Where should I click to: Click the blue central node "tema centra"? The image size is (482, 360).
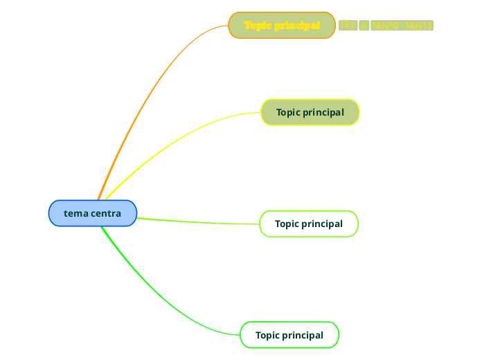point(93,213)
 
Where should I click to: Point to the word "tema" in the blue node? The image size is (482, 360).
point(76,213)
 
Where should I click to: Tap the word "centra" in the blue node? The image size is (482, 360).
point(105,213)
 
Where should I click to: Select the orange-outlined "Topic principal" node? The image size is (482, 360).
point(282,26)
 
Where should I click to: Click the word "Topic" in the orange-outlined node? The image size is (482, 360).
point(258,26)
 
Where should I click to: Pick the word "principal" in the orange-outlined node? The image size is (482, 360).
point(297,26)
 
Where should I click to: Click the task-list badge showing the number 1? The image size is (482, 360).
point(348,26)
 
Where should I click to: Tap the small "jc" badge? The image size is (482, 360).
point(364,26)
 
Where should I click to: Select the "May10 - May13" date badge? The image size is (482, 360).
point(402,26)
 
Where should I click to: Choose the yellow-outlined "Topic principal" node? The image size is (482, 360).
point(310,112)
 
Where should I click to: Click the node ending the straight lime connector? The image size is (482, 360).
point(309,224)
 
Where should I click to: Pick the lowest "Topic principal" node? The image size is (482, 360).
point(289,335)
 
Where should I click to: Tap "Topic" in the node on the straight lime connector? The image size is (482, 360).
point(287,224)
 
